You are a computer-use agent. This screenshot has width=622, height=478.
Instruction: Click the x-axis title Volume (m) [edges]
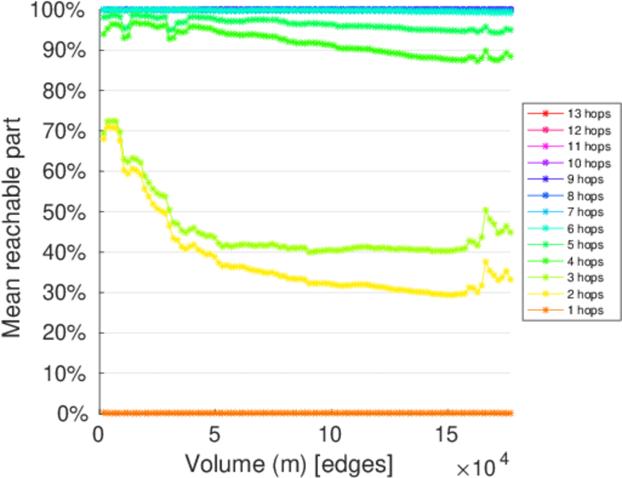pyautogui.click(x=288, y=463)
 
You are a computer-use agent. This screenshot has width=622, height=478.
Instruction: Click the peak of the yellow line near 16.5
pyautogui.click(x=485, y=262)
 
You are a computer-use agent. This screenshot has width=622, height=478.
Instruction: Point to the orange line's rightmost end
pyautogui.click(x=511, y=413)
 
